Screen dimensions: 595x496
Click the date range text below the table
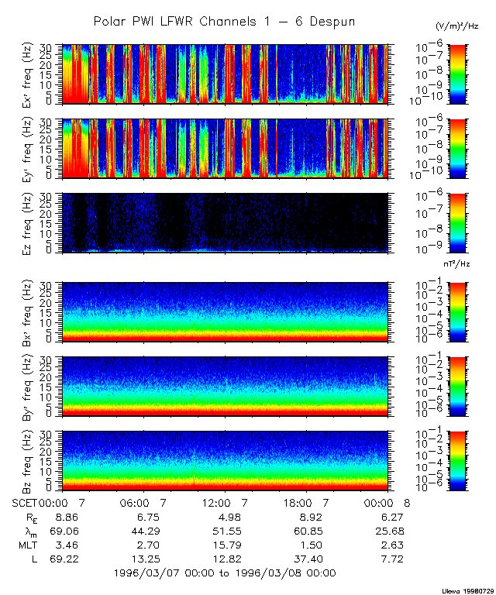(x=224, y=573)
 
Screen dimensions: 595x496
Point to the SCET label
(x=25, y=503)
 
